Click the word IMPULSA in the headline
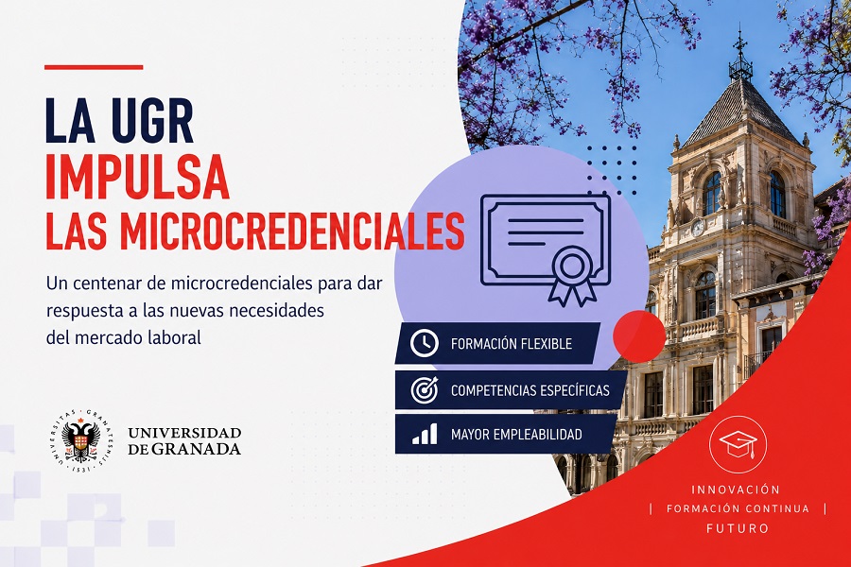pyautogui.click(x=138, y=178)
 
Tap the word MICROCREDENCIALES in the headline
pyautogui.click(x=292, y=231)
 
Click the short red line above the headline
pyautogui.click(x=94, y=67)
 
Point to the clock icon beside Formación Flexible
pyautogui.click(x=424, y=343)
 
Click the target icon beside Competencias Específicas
pyautogui.click(x=425, y=389)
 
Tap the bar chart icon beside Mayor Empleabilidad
pyautogui.click(x=425, y=434)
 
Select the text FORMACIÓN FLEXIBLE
pyautogui.click(x=512, y=343)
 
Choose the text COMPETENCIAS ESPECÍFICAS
pyautogui.click(x=530, y=390)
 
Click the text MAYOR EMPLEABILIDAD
pyautogui.click(x=516, y=435)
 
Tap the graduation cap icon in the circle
pyautogui.click(x=738, y=443)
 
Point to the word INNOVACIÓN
pyautogui.click(x=736, y=490)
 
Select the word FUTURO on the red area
pyautogui.click(x=738, y=528)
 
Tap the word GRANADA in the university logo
pyautogui.click(x=196, y=449)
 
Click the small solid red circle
pyautogui.click(x=639, y=336)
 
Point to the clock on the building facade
pyautogui.click(x=698, y=229)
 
